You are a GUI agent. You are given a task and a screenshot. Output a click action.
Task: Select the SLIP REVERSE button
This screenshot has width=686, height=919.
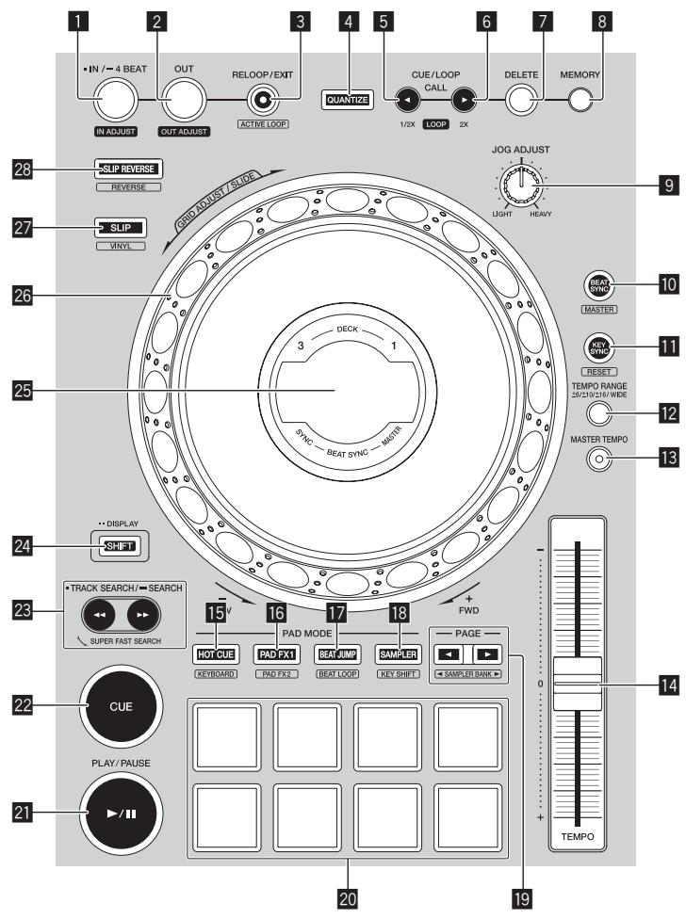pos(127,169)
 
